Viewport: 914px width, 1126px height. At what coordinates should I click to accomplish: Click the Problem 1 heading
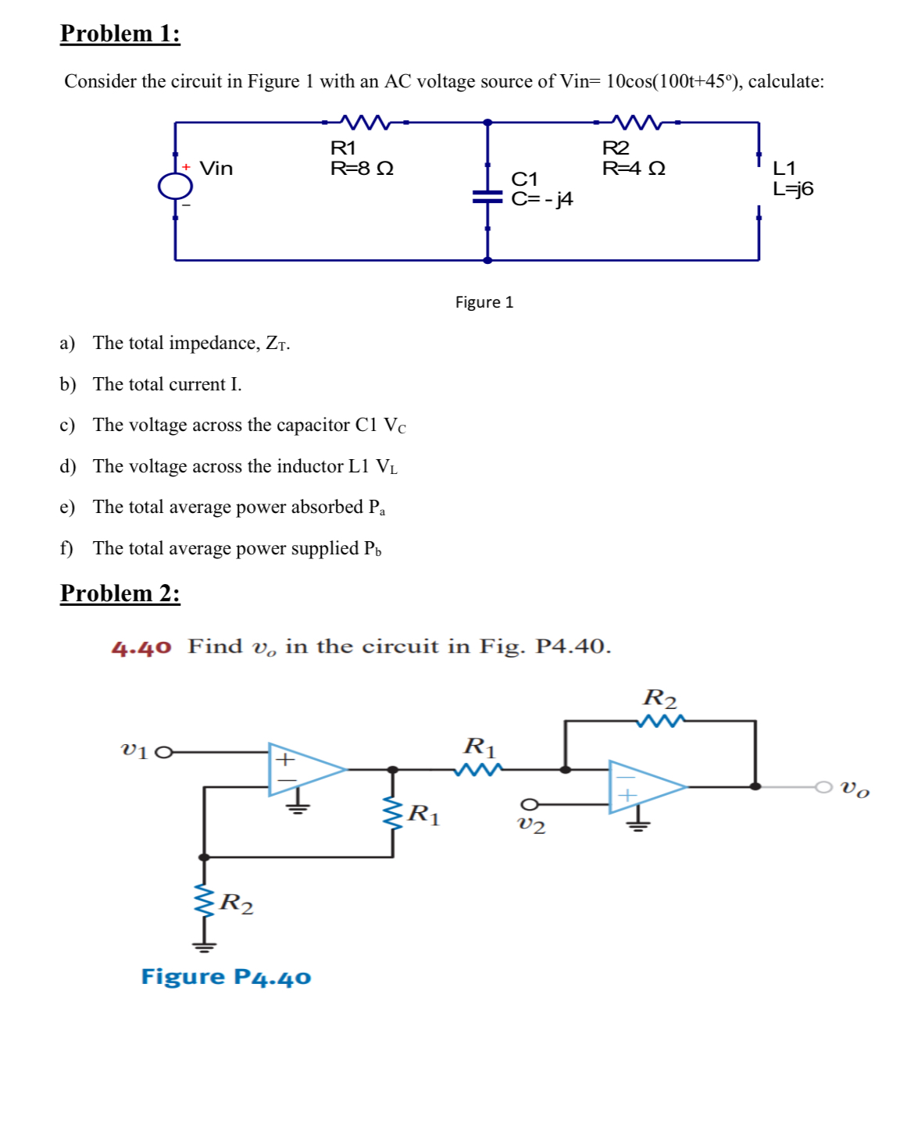click(x=120, y=34)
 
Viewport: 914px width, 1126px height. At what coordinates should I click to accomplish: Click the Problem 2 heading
click(x=120, y=593)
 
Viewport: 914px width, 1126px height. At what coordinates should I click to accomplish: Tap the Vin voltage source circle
click(x=175, y=186)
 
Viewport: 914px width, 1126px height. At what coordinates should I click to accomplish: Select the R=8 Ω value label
click(x=362, y=169)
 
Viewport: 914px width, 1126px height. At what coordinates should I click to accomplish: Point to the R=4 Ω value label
click(x=634, y=169)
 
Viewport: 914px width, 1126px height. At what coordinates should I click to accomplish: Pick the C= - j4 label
click(x=542, y=199)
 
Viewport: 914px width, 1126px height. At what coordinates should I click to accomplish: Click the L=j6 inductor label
click(x=793, y=189)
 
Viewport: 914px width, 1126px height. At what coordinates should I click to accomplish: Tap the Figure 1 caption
click(x=484, y=302)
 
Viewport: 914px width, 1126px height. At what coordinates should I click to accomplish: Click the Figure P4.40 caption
click(x=226, y=977)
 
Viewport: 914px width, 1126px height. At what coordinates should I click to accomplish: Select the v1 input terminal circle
click(x=162, y=753)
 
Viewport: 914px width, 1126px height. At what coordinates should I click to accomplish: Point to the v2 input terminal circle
click(x=529, y=804)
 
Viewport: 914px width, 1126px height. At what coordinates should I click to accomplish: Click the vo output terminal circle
click(x=823, y=786)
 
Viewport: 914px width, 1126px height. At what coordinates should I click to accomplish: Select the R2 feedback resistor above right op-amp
click(x=660, y=720)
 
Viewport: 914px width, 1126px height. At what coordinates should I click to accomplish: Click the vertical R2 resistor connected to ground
click(x=204, y=903)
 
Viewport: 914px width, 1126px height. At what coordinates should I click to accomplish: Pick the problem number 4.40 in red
click(x=141, y=647)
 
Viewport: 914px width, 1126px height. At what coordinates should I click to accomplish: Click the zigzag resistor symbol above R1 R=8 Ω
click(x=365, y=123)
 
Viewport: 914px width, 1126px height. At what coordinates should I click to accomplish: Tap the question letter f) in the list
click(x=66, y=548)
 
